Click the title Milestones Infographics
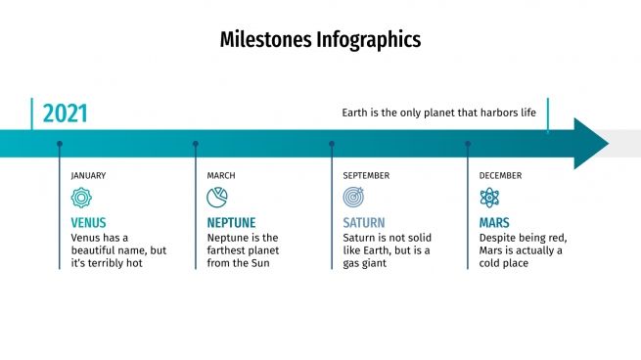(x=320, y=40)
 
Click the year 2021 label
(x=65, y=113)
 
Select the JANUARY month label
(x=88, y=176)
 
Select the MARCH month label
(x=220, y=176)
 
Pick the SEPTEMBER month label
(x=366, y=176)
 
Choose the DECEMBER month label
(x=500, y=176)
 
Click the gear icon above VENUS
(x=81, y=198)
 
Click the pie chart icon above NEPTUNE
(x=217, y=198)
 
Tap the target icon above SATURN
(x=353, y=198)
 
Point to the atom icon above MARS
(x=489, y=198)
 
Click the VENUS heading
(x=89, y=223)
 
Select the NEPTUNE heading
(x=232, y=223)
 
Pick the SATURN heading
(x=364, y=223)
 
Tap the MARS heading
(x=494, y=223)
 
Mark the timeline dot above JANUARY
(x=59, y=144)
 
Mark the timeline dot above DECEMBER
(x=467, y=144)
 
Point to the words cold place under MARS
(x=504, y=263)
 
